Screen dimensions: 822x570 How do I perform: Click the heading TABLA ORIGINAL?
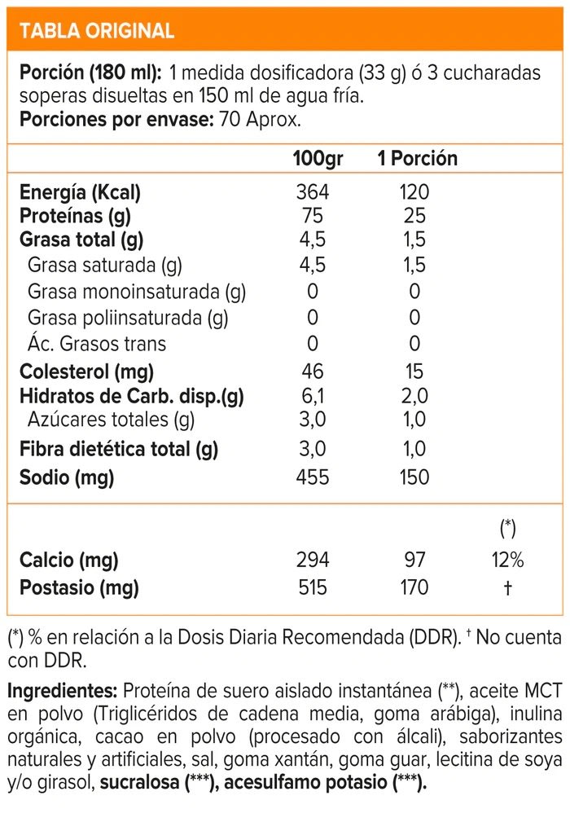click(96, 31)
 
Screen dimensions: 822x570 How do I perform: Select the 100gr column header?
click(318, 158)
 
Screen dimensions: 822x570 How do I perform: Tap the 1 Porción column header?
click(417, 158)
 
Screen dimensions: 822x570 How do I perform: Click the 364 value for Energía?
click(313, 193)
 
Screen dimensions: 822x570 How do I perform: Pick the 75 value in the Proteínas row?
click(312, 216)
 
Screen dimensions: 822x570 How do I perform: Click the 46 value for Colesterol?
click(312, 372)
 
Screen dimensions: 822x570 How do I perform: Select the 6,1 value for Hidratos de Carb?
click(312, 397)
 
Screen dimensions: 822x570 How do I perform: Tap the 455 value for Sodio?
click(313, 477)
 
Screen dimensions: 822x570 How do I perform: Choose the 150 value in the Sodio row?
click(414, 477)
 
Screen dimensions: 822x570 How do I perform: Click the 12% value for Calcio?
click(507, 560)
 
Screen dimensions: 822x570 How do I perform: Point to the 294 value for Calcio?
click(313, 560)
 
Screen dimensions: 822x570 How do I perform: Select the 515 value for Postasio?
click(313, 587)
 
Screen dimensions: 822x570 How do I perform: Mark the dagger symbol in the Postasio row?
click(507, 587)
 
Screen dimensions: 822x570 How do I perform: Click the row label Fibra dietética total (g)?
click(119, 449)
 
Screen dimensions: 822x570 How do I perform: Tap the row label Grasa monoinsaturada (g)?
click(137, 292)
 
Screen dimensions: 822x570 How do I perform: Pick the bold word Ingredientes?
click(63, 692)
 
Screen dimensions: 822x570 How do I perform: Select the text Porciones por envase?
click(113, 120)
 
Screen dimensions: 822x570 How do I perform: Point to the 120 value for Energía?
click(414, 193)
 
